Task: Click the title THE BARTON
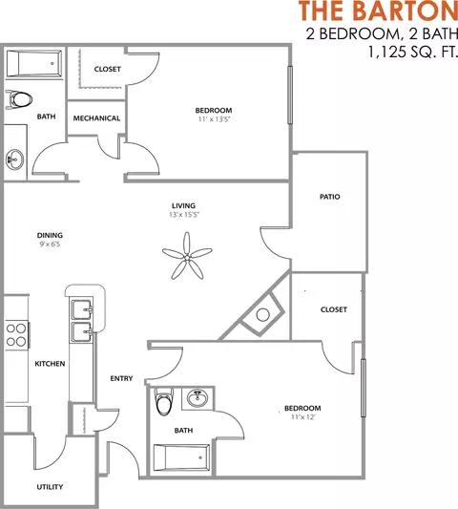(378, 11)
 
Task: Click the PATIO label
(330, 197)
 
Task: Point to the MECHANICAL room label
(96, 118)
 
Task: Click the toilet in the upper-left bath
(18, 98)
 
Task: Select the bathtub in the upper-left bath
(33, 65)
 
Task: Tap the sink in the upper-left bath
(13, 158)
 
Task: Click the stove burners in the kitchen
(16, 334)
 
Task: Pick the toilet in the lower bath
(164, 403)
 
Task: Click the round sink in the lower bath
(198, 398)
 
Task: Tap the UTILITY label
(51, 487)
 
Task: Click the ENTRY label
(121, 378)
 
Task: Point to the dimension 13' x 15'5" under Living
(183, 215)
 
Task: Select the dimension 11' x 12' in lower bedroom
(302, 417)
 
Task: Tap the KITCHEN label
(50, 365)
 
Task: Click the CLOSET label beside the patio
(333, 309)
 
